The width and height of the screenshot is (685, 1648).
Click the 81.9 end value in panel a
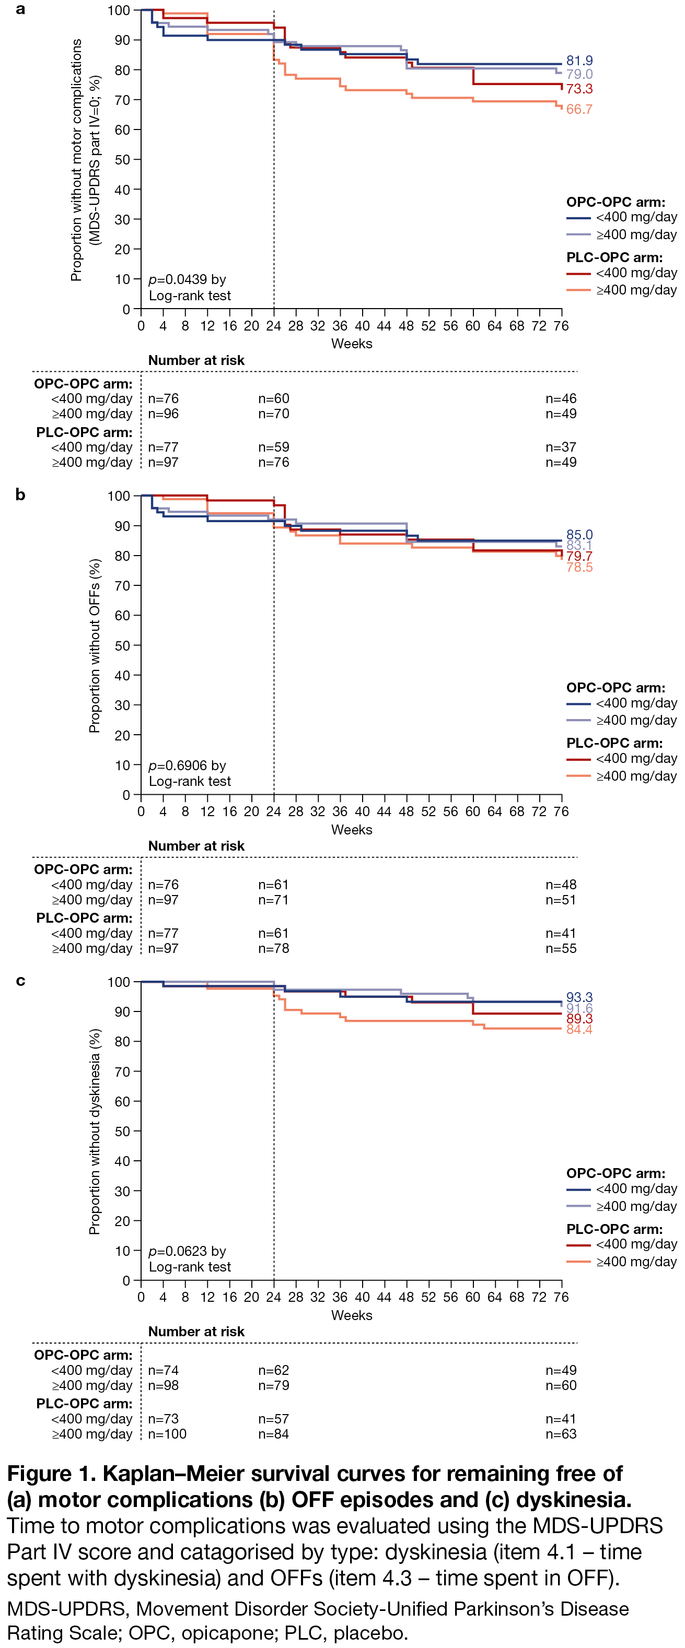[579, 61]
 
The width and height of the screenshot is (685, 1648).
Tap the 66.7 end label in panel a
[579, 110]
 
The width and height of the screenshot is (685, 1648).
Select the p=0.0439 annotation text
[187, 279]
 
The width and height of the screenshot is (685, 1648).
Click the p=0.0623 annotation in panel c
[187, 1251]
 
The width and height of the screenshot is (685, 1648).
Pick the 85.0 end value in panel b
[579, 534]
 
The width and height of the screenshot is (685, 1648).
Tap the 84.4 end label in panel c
[579, 1029]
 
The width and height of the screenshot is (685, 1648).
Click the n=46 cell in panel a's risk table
[561, 398]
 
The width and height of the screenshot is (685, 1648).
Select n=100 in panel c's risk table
[167, 1434]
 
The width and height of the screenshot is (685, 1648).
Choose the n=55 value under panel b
[561, 948]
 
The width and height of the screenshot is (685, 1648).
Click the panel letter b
[20, 495]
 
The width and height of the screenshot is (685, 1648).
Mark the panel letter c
[20, 981]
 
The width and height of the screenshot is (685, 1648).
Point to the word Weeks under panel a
[352, 344]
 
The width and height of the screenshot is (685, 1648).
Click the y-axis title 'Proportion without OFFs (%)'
[95, 645]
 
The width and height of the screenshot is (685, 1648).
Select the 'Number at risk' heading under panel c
[196, 1332]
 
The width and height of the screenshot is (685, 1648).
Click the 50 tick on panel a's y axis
[122, 160]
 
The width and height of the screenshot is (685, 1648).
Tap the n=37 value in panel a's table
[561, 447]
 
